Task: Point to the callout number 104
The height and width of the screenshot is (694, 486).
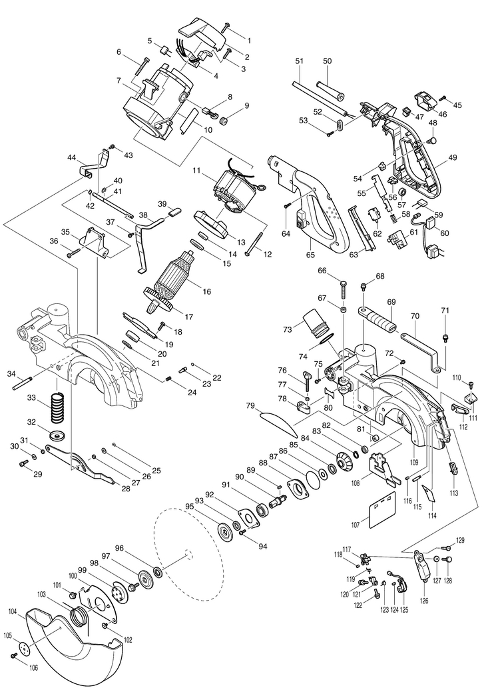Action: (13, 611)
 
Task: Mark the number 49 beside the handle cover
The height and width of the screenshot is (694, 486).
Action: (452, 157)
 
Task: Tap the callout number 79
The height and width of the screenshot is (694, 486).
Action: (250, 405)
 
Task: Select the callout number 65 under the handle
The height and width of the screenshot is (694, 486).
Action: (310, 255)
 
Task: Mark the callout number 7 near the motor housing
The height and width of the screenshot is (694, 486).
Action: (117, 80)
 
